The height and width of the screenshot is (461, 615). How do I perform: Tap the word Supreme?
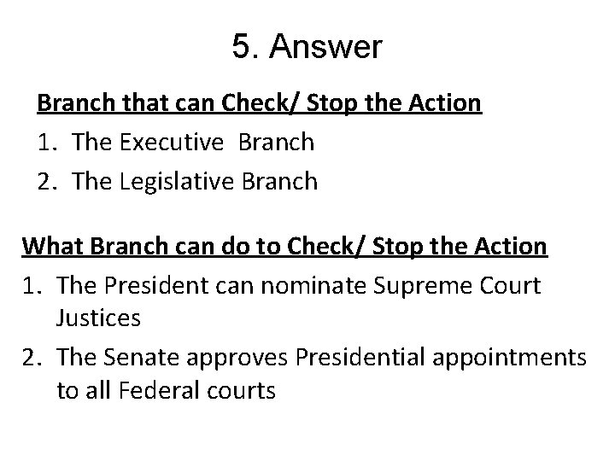coord(437,285)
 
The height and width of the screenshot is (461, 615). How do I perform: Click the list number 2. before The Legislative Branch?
coord(49,181)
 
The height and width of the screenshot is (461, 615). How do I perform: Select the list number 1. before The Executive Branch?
coord(49,143)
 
